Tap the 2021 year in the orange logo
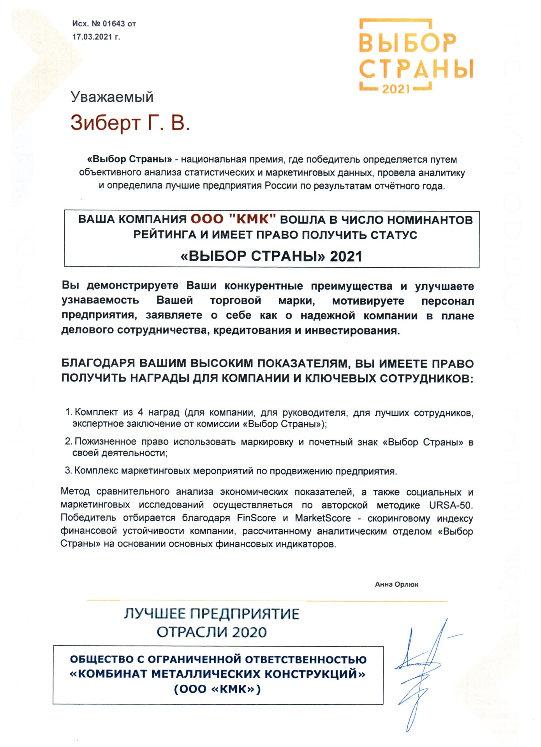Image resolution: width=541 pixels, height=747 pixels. (396, 89)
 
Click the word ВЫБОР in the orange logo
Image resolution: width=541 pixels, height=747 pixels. (407, 43)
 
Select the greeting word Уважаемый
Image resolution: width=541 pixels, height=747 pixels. (112, 97)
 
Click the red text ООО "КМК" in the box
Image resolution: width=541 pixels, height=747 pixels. (233, 219)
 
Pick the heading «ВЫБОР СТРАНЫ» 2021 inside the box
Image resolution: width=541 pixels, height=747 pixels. (271, 256)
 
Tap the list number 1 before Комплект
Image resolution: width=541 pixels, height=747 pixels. (68, 412)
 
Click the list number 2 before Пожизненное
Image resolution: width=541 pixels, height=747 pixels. (68, 442)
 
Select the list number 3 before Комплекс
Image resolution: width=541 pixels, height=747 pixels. (68, 471)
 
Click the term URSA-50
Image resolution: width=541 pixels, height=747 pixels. (451, 505)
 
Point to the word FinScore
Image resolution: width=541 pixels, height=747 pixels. (256, 518)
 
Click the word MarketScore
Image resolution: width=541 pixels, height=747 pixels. (322, 518)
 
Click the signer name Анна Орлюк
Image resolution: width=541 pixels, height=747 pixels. (396, 584)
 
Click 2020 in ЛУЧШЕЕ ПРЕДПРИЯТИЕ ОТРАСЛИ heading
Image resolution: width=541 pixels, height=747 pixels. (249, 632)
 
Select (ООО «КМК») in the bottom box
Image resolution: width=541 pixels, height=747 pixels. (217, 689)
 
